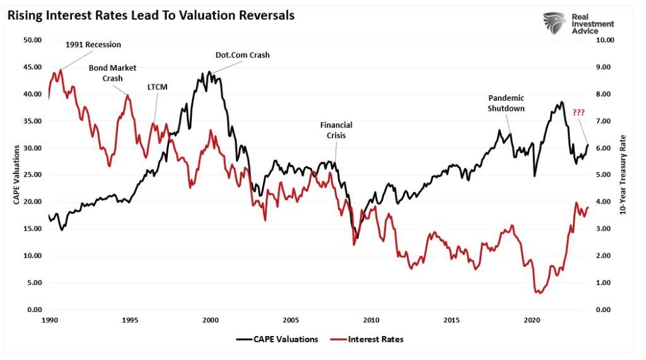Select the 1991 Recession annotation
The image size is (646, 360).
pos(93,45)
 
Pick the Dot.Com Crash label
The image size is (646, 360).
pos(242,55)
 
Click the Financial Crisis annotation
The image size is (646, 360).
pos(336,130)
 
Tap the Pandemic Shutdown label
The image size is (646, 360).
pos(506,103)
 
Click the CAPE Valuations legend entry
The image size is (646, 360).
pos(278,339)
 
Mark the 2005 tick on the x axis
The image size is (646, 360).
pos(290,320)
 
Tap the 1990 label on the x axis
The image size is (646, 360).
pos(49,320)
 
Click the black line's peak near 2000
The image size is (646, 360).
pos(209,72)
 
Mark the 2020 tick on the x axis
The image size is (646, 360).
pos(531,320)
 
